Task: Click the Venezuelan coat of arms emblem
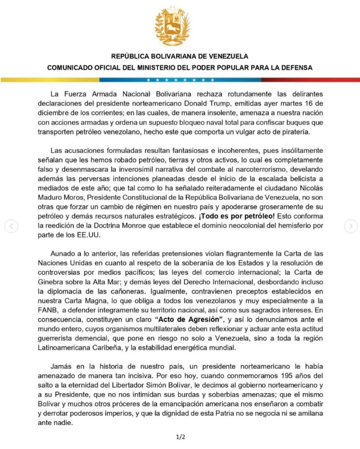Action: point(180,27)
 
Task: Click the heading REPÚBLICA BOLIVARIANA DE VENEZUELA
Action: point(180,56)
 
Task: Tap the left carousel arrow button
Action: point(11,226)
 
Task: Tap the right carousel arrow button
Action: point(350,226)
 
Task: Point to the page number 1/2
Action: point(180,437)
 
